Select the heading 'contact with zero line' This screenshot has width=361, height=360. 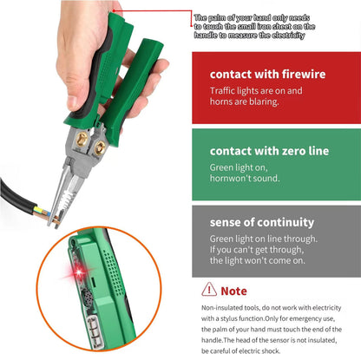tap(270, 151)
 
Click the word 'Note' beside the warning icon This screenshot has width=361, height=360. tap(233, 291)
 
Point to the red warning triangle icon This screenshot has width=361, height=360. tap(209, 290)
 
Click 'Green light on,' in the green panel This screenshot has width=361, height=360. tap(239, 166)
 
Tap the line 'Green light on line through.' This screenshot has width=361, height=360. tap(263, 238)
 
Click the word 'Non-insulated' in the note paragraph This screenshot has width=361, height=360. tap(222, 308)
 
